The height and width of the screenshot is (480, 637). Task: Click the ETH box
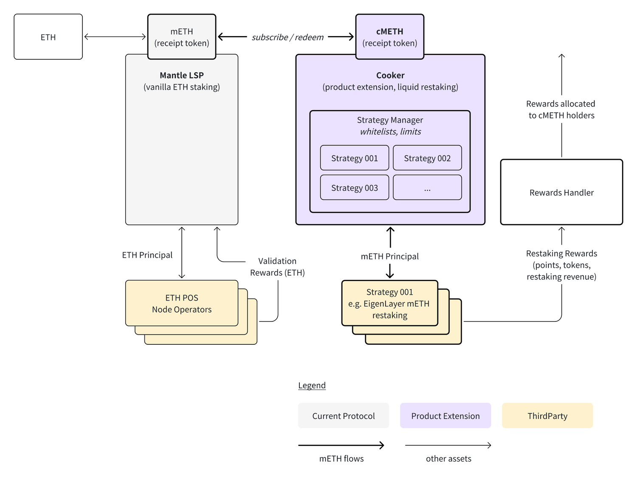coord(48,37)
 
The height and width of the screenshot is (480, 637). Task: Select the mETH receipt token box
coord(182,37)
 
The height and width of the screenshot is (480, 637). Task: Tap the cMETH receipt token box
coord(389,37)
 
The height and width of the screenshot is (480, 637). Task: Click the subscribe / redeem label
coord(287,37)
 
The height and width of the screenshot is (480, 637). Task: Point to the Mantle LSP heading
coord(182,75)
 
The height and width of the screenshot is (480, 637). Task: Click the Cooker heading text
coord(390,75)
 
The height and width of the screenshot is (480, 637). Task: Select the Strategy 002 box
coord(427,158)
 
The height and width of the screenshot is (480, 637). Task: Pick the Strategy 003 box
coord(354,187)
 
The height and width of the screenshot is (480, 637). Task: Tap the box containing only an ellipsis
coord(427,187)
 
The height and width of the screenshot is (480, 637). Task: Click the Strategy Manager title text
coord(390,120)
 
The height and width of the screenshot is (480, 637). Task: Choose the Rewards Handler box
coord(561,193)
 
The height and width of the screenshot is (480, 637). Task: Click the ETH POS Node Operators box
coord(182,304)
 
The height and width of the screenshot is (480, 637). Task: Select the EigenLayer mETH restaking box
coord(389,304)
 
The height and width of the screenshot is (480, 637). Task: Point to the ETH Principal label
coord(147,255)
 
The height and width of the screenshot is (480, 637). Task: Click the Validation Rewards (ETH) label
coord(277,267)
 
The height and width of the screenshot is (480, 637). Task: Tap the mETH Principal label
coord(389,256)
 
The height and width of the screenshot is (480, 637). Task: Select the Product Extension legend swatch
coord(445,416)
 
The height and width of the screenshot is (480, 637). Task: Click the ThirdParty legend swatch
coord(547,416)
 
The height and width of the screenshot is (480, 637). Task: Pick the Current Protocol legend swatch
coord(343,416)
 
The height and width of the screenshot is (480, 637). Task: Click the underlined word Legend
coord(312,385)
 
